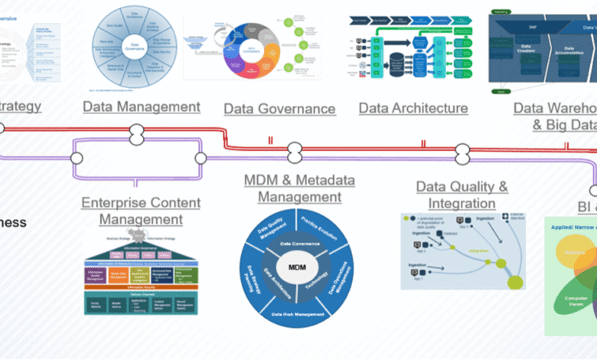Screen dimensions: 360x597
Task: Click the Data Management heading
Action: [x=142, y=106]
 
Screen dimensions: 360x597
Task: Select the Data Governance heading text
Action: [x=279, y=109]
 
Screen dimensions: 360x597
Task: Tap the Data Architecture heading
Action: [x=413, y=108]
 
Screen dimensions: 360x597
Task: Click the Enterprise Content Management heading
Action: [x=141, y=211]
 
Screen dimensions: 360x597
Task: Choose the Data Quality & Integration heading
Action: [x=462, y=195]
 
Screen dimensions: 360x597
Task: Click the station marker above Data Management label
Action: [x=136, y=131]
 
